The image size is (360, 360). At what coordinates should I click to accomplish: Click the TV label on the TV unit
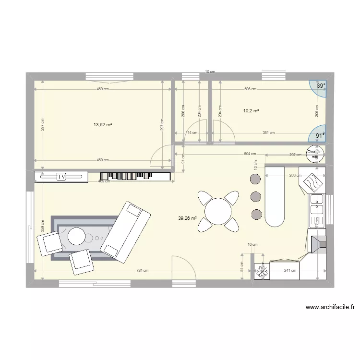coord(61,177)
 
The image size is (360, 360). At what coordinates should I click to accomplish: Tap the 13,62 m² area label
coord(103,124)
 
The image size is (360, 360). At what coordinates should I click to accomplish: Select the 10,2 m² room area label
coord(251,111)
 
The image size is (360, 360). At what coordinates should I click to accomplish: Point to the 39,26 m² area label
coord(188,218)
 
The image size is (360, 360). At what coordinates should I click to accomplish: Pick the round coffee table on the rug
coord(77,236)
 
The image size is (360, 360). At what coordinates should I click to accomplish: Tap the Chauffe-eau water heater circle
coord(315,153)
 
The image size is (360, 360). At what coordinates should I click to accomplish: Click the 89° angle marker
coord(320,86)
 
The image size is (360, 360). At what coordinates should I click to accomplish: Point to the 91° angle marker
coord(320,136)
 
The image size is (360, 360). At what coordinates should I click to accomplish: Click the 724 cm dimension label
coord(143,271)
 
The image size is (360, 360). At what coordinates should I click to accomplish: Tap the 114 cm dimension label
coord(192,133)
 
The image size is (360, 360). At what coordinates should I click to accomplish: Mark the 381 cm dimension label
coord(269,133)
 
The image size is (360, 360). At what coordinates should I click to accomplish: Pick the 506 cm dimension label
coord(250,89)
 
